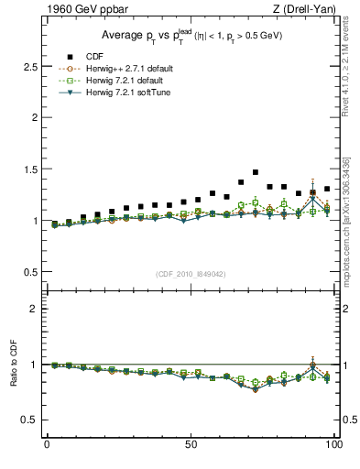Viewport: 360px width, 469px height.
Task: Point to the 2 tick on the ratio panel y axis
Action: click(37, 309)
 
